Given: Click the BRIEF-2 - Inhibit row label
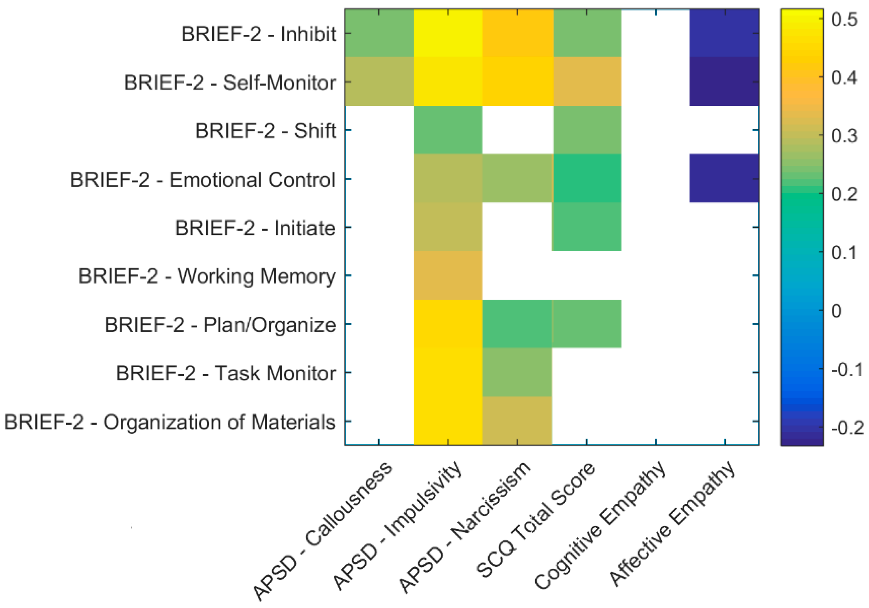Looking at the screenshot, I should (x=259, y=34).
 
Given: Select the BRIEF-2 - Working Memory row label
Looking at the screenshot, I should (x=207, y=276).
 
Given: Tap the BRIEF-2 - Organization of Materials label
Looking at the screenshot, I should (x=170, y=422).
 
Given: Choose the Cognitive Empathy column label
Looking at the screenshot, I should (x=600, y=529).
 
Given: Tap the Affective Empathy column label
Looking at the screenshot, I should (x=672, y=529).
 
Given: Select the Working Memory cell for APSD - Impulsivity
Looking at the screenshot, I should (x=448, y=275).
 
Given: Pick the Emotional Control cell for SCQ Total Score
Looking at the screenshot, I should (x=587, y=178).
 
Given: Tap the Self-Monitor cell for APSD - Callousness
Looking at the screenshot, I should (x=379, y=82).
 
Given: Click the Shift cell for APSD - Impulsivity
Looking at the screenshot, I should (x=448, y=130).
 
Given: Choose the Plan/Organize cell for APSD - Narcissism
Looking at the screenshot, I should (x=517, y=324).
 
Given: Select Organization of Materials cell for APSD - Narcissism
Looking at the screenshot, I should (x=517, y=420).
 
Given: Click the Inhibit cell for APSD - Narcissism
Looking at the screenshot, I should (x=517, y=33).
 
